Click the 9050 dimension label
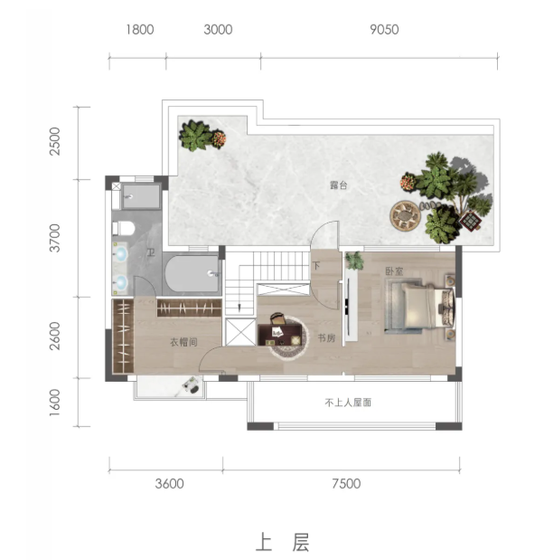[x=384, y=29]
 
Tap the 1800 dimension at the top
[x=140, y=29]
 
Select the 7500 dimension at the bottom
[x=346, y=484]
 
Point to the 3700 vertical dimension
[x=55, y=238]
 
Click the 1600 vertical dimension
[x=55, y=403]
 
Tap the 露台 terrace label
[x=338, y=185]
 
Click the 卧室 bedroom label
[x=394, y=271]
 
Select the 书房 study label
[x=326, y=337]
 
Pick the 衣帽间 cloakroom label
[x=183, y=342]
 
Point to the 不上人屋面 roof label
[x=348, y=403]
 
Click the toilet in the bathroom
[x=124, y=228]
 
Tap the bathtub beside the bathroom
[x=192, y=273]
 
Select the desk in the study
[x=279, y=335]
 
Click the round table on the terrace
[x=405, y=215]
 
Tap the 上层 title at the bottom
[x=282, y=543]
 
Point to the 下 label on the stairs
[x=316, y=266]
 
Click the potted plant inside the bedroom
[x=354, y=261]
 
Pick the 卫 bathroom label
[x=151, y=252]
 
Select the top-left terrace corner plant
[x=202, y=136]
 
